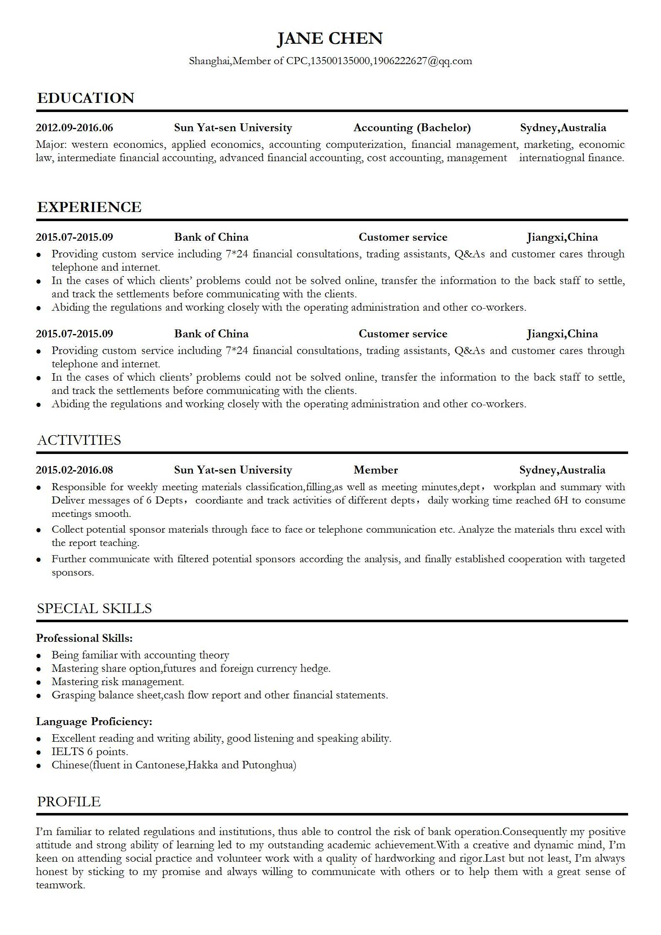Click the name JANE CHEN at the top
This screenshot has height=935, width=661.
330,38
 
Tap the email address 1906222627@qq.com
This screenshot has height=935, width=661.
422,61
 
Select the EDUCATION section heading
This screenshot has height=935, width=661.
86,98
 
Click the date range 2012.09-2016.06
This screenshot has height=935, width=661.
75,128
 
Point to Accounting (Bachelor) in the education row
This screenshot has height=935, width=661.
412,128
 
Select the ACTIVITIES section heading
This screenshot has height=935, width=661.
79,440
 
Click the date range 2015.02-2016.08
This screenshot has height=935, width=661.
75,470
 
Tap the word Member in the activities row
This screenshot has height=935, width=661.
376,470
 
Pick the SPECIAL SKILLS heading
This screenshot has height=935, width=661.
95,608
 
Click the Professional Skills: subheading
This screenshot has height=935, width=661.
85,638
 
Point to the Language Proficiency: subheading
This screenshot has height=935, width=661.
94,721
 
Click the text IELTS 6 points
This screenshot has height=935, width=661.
90,752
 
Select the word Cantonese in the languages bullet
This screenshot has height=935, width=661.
161,765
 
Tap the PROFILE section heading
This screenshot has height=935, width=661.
69,802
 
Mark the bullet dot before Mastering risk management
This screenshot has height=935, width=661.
39,683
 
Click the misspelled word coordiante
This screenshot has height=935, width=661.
219,500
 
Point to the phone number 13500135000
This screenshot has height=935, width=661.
340,61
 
